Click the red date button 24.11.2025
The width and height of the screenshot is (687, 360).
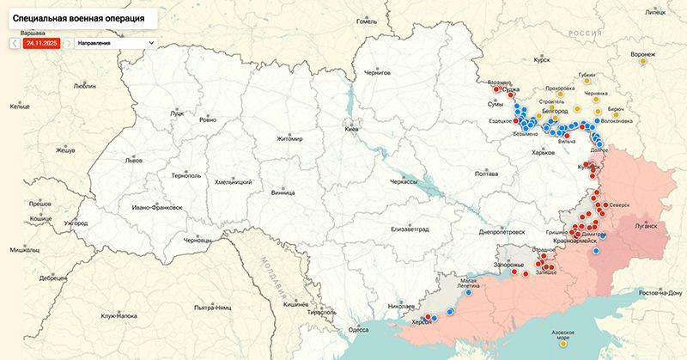coord(42,42)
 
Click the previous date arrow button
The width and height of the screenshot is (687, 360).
coord(15,42)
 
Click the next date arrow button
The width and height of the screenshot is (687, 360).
coord(69,42)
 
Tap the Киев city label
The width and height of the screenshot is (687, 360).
coord(350,129)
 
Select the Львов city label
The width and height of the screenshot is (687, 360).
coord(134,160)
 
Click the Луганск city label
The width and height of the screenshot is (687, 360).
coord(645,226)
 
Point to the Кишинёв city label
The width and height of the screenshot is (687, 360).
coord(295,305)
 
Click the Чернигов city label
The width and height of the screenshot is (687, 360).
coord(377,74)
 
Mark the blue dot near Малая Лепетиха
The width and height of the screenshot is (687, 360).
coord(470,293)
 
